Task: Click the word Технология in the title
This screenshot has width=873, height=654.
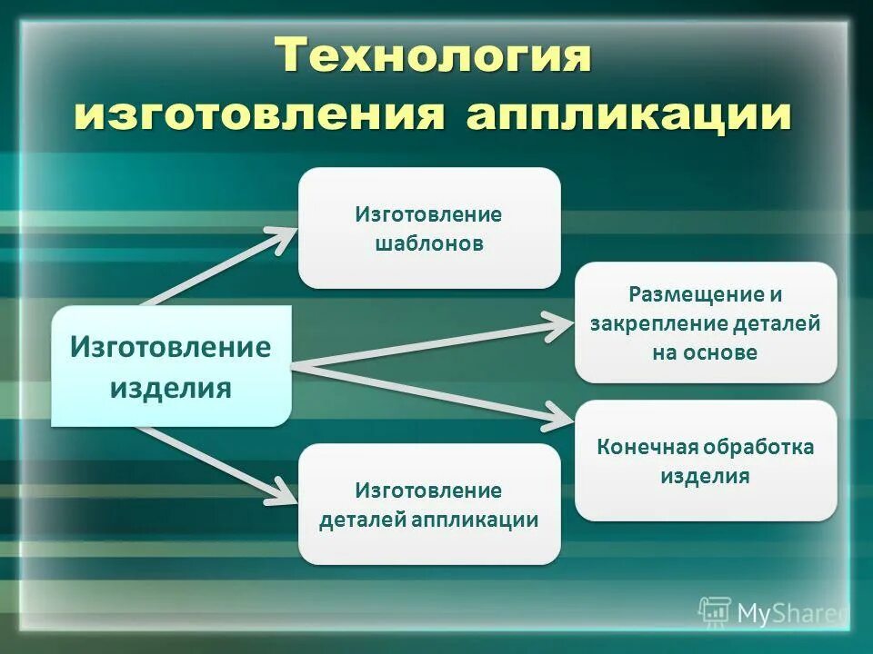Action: tap(435, 56)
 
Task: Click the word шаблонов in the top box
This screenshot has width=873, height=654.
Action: tap(429, 243)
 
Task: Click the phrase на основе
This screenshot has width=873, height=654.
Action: tap(705, 352)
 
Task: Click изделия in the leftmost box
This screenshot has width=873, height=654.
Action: tap(171, 389)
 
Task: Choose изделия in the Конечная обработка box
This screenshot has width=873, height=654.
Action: tap(705, 476)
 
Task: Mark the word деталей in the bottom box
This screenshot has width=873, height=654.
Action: tap(362, 520)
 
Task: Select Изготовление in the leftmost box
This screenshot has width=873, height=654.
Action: tap(171, 348)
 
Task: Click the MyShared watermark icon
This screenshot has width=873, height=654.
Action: tap(714, 613)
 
